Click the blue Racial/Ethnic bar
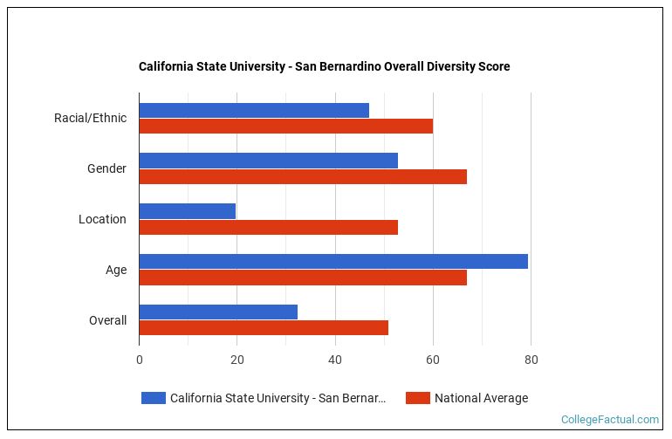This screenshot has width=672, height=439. coord(254,110)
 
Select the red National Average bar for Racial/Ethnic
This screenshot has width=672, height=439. coord(285,126)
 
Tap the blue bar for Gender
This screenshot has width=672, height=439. coord(268,161)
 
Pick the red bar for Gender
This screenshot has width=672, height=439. coord(303,176)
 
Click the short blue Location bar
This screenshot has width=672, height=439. coord(187,211)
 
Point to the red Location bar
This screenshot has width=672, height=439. coord(268,227)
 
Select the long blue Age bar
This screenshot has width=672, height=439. coord(333,261)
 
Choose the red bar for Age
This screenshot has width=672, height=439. coord(303,278)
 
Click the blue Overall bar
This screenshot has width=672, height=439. coord(218,312)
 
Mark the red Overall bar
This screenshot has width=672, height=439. coord(264,328)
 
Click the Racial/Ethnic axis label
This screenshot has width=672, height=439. coord(90,118)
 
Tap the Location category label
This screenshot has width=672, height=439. coord(102,219)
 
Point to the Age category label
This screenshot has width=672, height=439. coord(116,270)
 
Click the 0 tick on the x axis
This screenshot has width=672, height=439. coord(139,359)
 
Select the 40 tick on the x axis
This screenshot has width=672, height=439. coord(334,359)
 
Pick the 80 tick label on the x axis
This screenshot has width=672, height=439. coord(530,359)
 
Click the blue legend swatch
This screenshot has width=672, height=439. coord(154,398)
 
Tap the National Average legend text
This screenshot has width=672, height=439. coord(481,398)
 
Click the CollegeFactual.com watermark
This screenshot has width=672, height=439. coord(610,420)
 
